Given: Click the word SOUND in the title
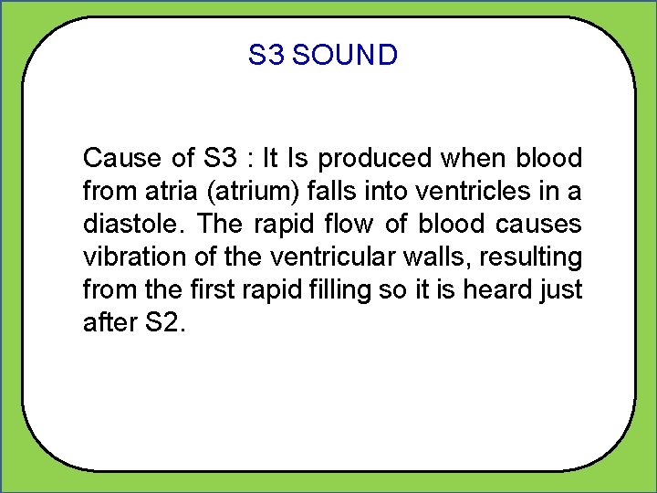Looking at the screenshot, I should click(x=346, y=56).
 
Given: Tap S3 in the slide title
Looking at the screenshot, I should click(x=266, y=56).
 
